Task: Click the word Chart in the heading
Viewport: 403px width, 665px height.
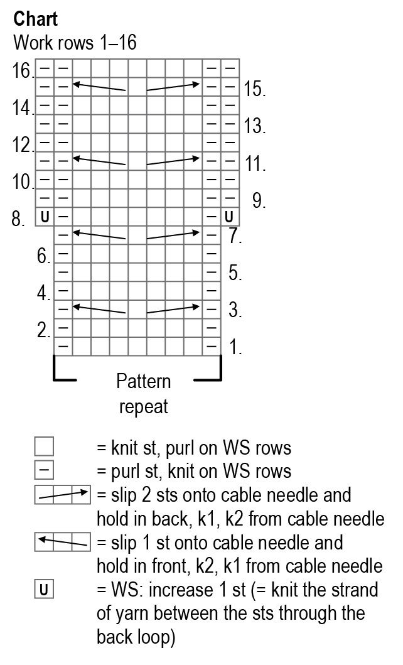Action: [36, 19]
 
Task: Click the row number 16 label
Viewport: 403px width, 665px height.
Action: [22, 70]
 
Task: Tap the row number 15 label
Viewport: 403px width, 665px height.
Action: [254, 89]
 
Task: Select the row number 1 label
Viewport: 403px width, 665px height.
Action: [235, 347]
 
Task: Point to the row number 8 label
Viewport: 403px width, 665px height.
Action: [18, 219]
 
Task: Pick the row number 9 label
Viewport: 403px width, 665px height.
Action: [259, 201]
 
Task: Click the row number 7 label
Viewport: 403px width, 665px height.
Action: [235, 237]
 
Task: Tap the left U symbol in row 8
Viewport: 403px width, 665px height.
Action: [45, 217]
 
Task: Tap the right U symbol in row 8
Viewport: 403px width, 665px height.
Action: [229, 217]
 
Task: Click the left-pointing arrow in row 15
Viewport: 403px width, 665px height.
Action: [100, 87]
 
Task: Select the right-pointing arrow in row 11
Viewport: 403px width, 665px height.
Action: [173, 161]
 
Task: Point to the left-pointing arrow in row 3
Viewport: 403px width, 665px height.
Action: [100, 308]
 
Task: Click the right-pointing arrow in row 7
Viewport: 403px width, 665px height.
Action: [173, 235]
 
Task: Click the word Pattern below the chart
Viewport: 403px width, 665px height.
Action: [143, 381]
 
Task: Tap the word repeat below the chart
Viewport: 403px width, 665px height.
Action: [143, 406]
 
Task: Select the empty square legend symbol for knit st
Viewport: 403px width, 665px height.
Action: [44, 446]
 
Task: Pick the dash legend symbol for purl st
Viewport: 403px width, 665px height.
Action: [44, 470]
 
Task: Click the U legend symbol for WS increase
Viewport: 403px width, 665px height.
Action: [44, 590]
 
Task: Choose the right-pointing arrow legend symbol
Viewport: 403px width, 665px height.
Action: [63, 495]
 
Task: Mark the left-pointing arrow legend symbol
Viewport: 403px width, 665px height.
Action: [63, 542]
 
